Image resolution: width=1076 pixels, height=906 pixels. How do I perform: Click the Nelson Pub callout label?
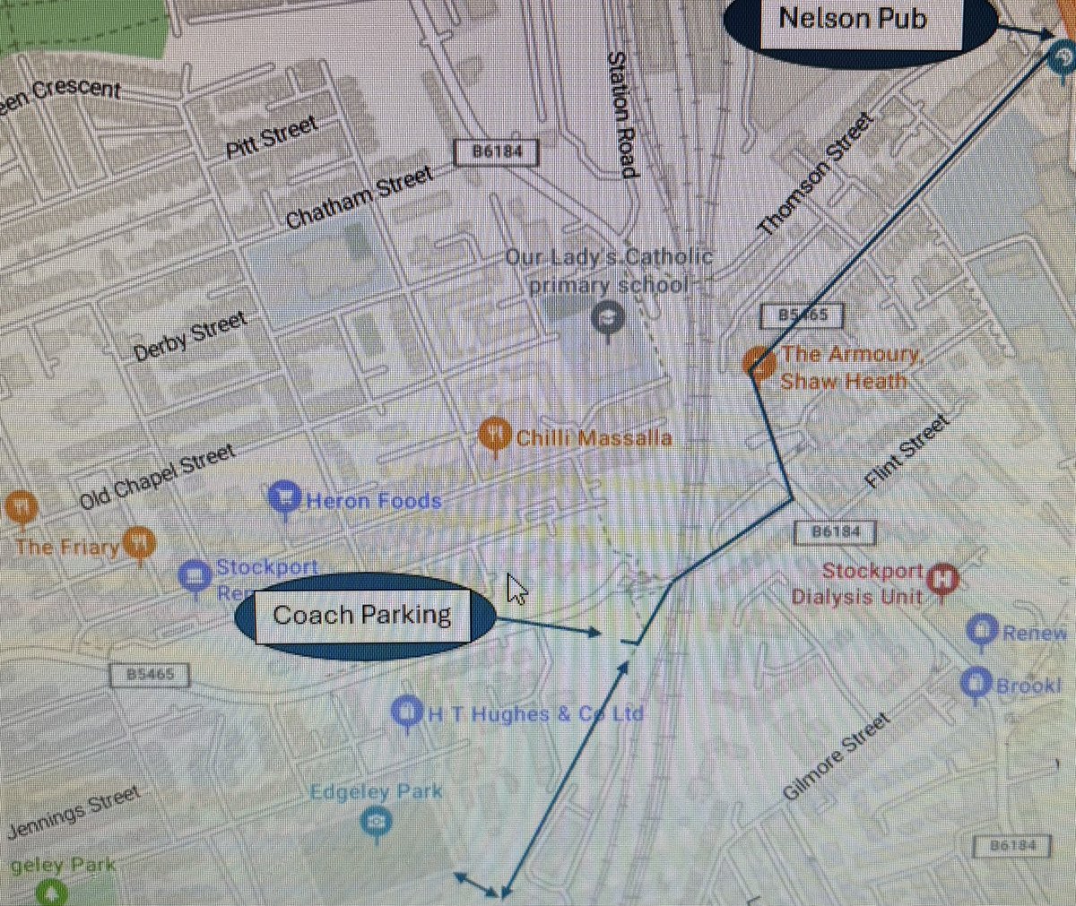(852, 20)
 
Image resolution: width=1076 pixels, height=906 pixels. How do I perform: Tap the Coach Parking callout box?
(362, 615)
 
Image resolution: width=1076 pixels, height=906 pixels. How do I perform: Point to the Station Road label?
(621, 114)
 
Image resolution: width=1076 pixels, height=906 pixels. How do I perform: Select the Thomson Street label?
(815, 174)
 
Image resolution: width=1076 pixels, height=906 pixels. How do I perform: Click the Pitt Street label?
(272, 137)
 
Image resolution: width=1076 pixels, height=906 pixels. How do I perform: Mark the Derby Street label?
(189, 336)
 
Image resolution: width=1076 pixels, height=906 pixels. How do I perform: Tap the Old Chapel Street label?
(157, 476)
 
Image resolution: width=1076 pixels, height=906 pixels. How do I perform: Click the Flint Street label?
(906, 452)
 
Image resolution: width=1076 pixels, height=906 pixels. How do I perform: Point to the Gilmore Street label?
(836, 756)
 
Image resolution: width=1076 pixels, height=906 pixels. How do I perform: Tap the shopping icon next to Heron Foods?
(284, 498)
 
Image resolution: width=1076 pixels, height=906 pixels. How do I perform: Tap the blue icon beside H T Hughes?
(408, 712)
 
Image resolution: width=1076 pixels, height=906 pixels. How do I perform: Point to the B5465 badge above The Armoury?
(801, 315)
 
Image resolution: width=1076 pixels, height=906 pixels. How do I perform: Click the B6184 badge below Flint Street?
(835, 532)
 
